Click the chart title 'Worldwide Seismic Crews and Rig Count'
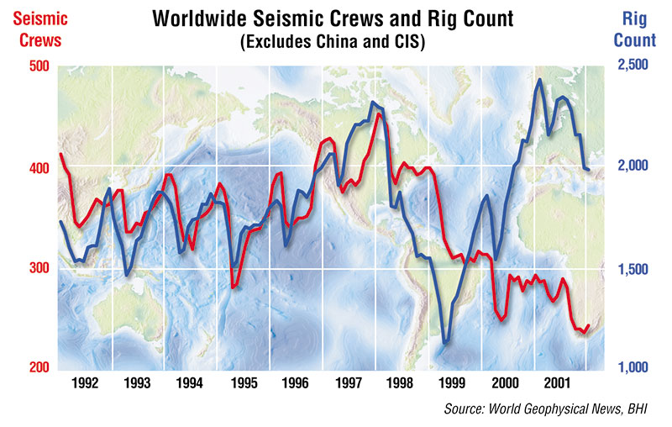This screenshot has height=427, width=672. [336, 18]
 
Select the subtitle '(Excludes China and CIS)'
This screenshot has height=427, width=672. [336, 41]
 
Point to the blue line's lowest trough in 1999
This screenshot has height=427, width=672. [446, 342]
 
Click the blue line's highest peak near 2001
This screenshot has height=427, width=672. [539, 80]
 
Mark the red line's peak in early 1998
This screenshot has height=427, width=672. [379, 113]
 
